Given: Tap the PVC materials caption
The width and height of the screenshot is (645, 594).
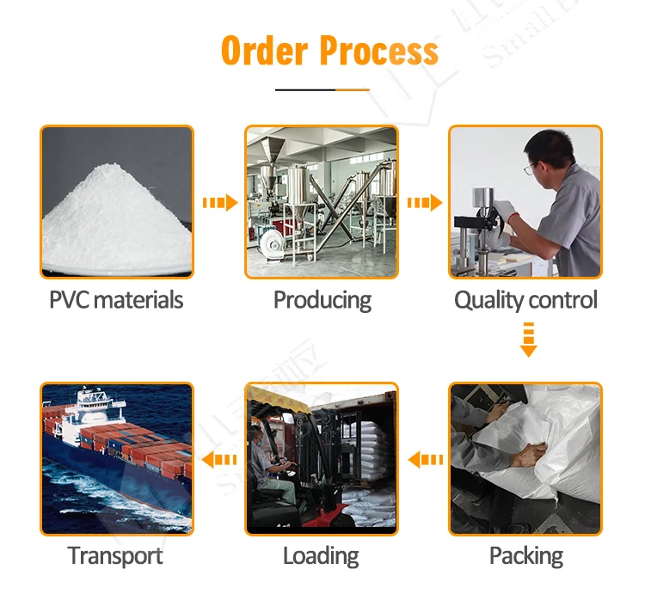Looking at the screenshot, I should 116,300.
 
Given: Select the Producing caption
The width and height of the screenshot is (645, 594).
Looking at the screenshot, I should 322,300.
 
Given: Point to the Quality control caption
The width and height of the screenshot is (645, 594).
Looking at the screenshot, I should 525,300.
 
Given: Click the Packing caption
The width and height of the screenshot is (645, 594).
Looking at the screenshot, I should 525,555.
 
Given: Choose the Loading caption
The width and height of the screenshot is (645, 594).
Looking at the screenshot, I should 321,556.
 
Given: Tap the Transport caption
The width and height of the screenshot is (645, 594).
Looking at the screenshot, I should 115,555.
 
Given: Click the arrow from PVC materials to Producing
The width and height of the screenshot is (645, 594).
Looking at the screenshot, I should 219,203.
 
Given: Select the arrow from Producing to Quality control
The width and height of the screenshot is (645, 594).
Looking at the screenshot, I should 424,203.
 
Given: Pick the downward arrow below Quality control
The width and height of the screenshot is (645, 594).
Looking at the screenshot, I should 528,339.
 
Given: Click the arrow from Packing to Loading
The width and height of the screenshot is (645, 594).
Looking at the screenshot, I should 425,460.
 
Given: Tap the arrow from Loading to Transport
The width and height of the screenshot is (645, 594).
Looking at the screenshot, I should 219,460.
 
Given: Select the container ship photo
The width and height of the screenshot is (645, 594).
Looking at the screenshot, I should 116,459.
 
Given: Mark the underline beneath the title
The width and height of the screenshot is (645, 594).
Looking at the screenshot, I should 322,89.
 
